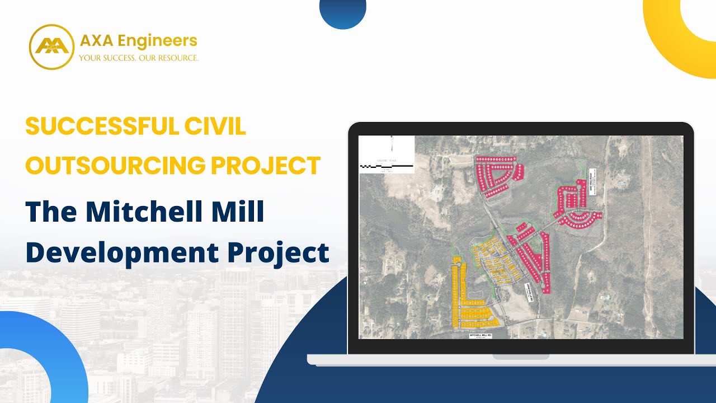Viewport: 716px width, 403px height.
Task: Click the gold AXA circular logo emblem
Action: click(x=51, y=46)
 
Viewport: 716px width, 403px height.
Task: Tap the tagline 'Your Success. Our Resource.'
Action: click(x=138, y=58)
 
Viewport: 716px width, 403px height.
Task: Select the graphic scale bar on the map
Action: click(x=386, y=165)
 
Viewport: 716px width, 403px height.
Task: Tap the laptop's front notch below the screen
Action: click(x=520, y=357)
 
